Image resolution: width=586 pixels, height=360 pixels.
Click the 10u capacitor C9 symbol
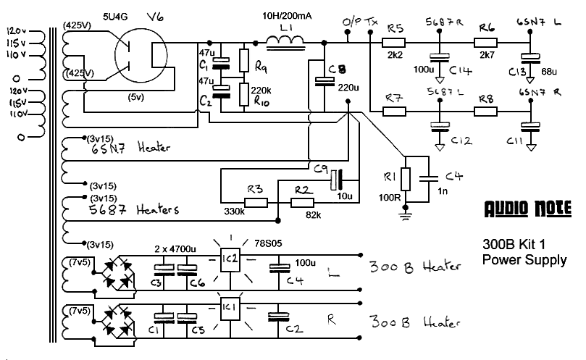(x=335, y=177)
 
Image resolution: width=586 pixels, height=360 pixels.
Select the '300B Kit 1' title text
(x=514, y=243)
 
